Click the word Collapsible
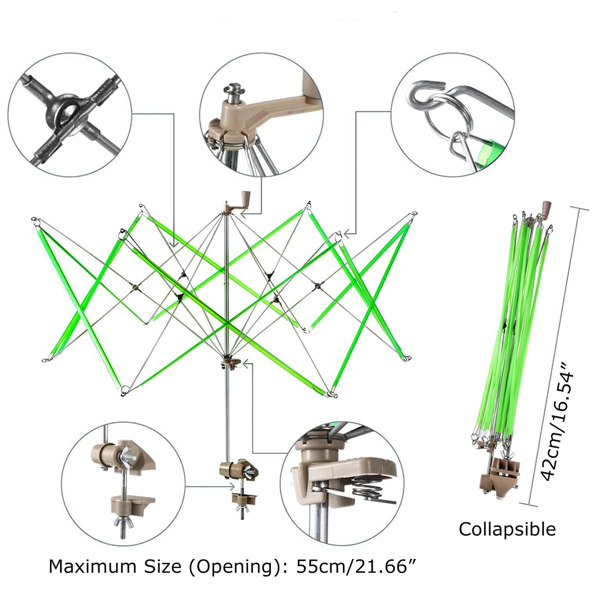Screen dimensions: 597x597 (507, 529)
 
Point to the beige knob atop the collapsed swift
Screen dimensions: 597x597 (547, 206)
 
